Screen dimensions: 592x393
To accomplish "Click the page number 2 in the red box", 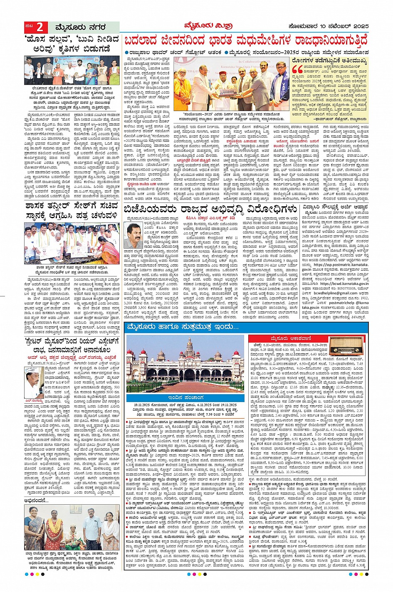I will click(x=40, y=27).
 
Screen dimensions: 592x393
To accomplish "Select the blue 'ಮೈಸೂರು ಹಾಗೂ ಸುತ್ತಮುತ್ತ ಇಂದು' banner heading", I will click(x=183, y=328).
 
